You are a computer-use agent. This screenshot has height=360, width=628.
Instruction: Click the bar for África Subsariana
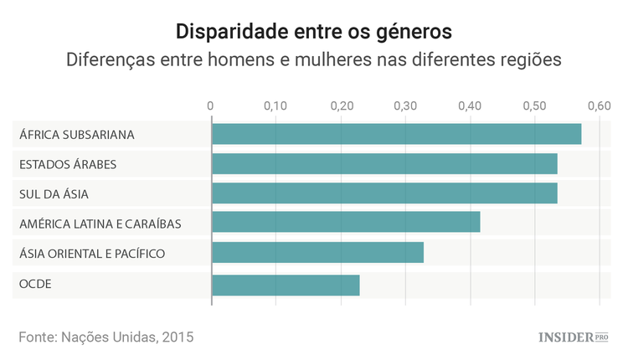coord(396,134)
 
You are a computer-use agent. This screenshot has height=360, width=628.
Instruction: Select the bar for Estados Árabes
coord(384,164)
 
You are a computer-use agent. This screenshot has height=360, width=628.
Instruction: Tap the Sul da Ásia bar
coord(384,194)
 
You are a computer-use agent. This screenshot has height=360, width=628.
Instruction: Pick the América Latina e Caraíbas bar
coord(346,223)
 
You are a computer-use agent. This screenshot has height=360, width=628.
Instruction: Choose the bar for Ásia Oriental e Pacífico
coord(317,253)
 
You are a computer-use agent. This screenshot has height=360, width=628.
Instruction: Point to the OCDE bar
coord(286,285)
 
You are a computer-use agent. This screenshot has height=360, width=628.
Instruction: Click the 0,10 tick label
coord(275,106)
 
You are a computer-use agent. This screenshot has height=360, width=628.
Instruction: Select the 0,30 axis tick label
coord(405,106)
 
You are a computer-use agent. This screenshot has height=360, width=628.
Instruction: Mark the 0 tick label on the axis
coord(211,106)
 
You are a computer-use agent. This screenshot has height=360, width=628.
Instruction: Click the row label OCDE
coord(35,285)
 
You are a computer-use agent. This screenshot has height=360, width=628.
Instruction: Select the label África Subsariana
coord(77,134)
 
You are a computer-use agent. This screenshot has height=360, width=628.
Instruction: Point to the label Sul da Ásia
coord(54,194)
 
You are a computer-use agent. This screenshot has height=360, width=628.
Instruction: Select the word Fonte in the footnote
coord(37,337)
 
